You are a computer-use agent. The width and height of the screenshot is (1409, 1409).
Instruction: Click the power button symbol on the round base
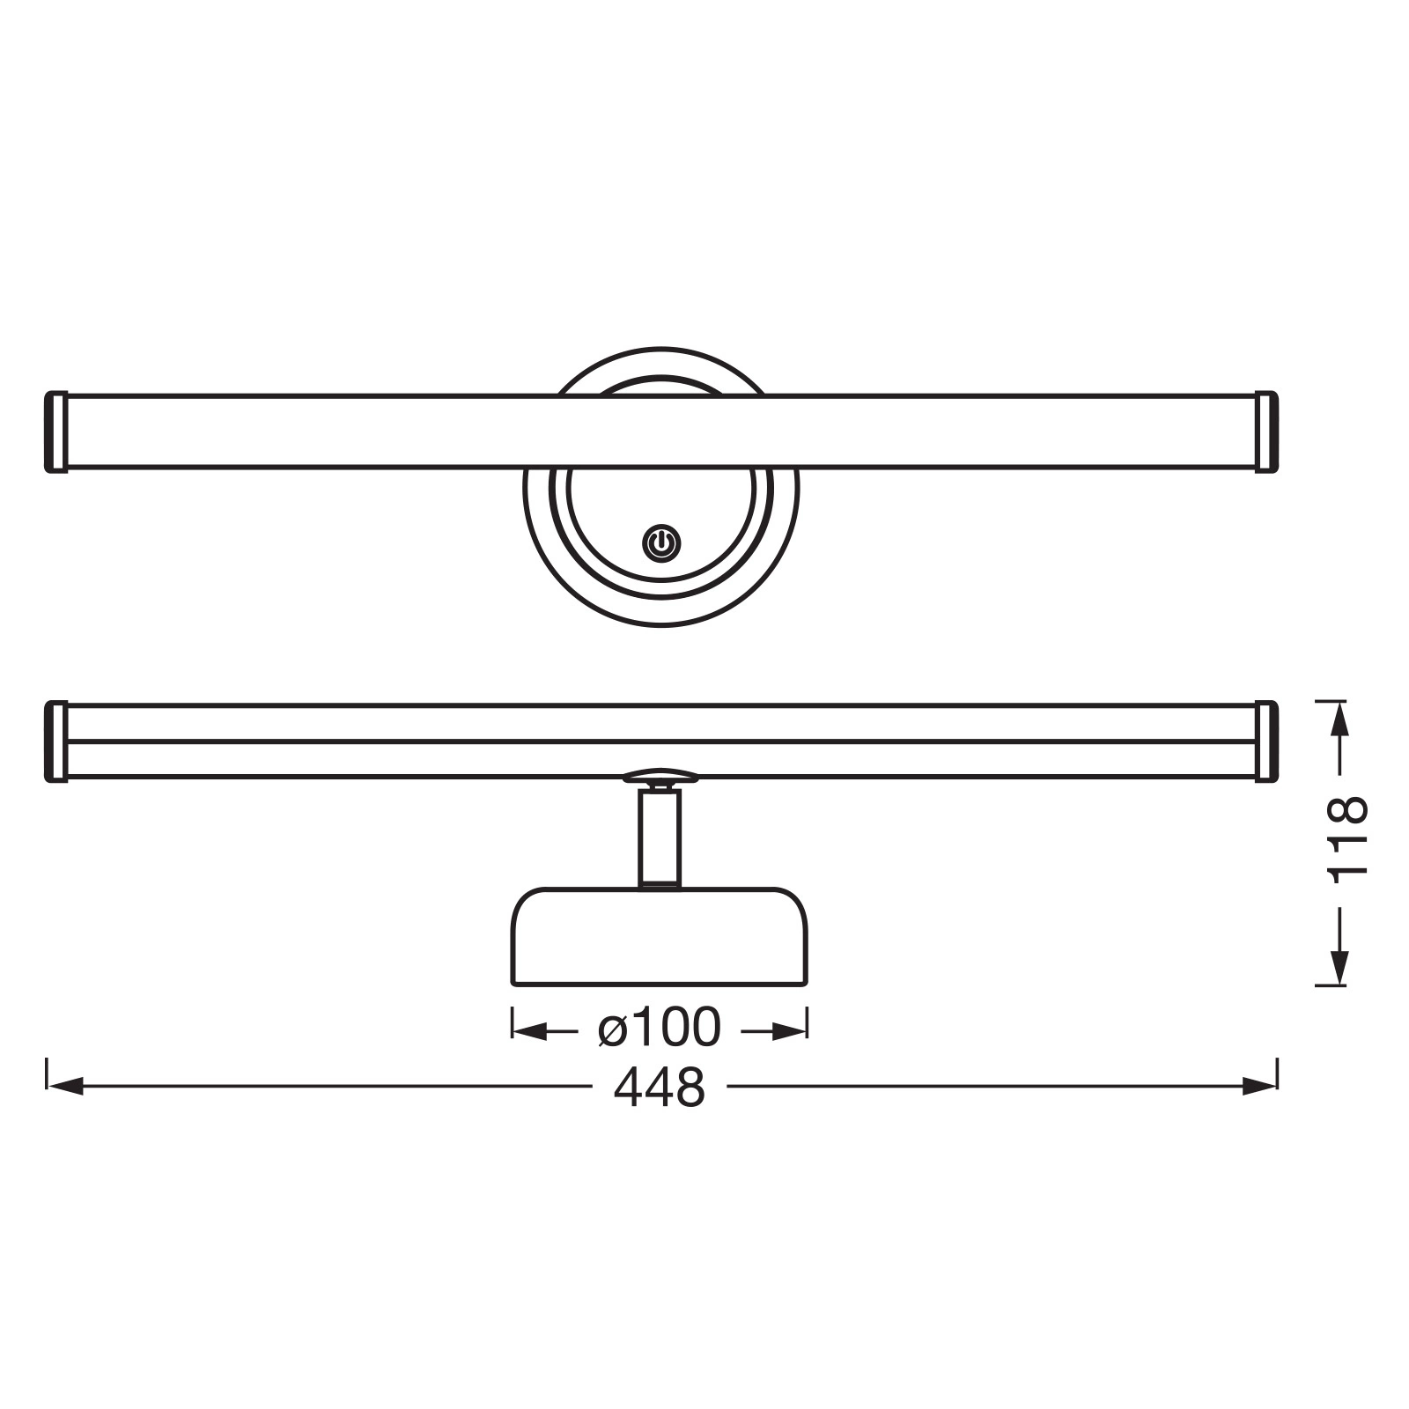coord(661,543)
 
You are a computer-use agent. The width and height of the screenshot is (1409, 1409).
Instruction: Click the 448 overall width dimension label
coord(660,1088)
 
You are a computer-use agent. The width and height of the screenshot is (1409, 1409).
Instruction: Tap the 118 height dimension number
coord(1347,837)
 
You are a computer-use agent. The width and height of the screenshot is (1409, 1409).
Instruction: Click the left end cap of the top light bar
coord(56,432)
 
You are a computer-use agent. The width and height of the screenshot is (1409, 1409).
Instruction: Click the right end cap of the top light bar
coord(1266,432)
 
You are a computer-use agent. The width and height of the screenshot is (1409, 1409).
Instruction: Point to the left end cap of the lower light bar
coord(56,741)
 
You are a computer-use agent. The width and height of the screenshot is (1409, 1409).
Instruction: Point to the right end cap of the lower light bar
coord(1266,741)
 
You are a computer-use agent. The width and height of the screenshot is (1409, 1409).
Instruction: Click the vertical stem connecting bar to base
coord(660,837)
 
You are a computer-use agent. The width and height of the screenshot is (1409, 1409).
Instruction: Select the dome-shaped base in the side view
coord(660,936)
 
